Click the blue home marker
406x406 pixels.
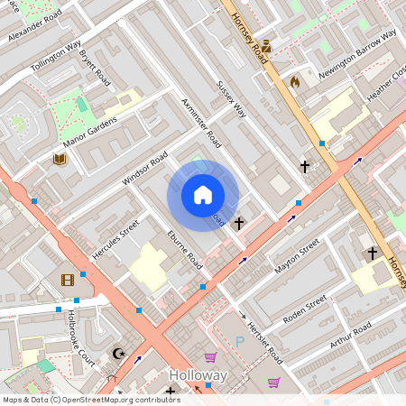click(x=203, y=196)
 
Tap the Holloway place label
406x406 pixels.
click(x=198, y=374)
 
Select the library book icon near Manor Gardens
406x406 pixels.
click(x=60, y=160)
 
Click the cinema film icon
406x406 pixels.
click(x=68, y=281)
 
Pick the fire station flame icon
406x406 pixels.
click(x=294, y=81)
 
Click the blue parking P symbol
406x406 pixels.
click(x=239, y=342)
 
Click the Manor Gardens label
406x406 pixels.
click(x=91, y=132)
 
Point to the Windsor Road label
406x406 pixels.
click(x=145, y=169)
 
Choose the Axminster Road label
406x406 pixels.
click(x=201, y=124)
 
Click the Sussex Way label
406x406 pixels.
click(x=231, y=99)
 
